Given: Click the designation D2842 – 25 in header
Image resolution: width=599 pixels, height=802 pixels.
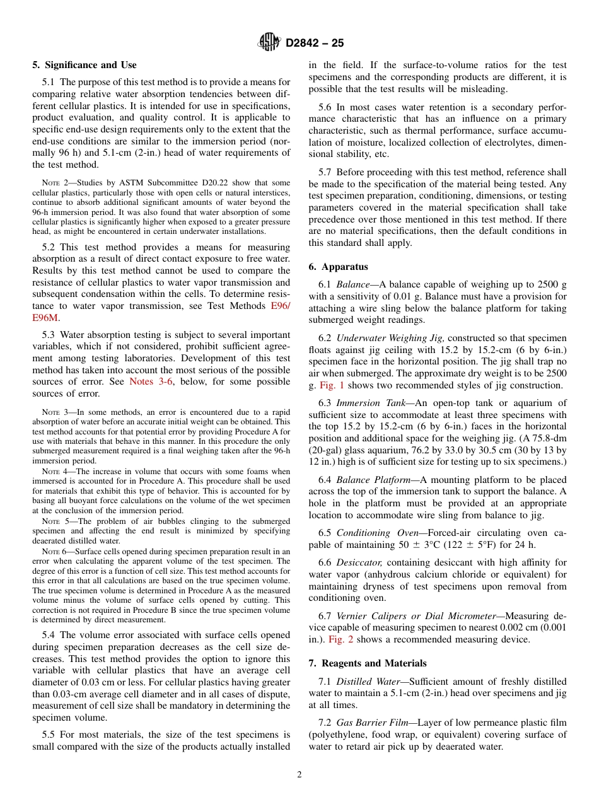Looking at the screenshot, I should click(x=315, y=44).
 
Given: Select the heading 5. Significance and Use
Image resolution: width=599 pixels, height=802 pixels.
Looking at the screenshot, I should click(x=84, y=65).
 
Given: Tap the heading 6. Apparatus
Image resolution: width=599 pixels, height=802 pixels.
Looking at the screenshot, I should click(x=338, y=267).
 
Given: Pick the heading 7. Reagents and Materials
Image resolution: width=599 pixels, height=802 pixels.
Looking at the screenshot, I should click(x=368, y=663).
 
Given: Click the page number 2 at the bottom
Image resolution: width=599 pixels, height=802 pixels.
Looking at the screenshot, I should click(x=299, y=775).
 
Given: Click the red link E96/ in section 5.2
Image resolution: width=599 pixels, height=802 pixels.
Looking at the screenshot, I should click(x=281, y=306).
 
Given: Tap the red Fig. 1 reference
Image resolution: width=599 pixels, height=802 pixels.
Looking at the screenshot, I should click(x=332, y=385).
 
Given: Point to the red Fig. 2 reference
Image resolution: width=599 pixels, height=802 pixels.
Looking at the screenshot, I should click(x=340, y=639).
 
